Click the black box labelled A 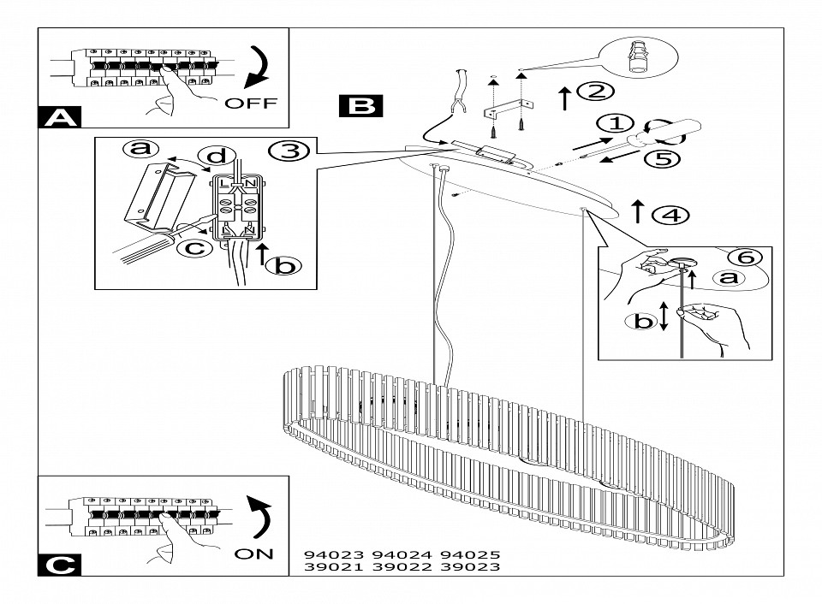coord(60,116)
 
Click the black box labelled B coord(360,105)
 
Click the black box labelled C coord(60,564)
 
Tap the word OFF coord(251,103)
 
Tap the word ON coord(253,554)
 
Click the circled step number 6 coord(745,257)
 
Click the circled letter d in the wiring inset coord(217,156)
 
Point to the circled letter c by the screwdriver coord(194,248)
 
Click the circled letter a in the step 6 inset coord(728,277)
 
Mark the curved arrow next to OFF coord(258,66)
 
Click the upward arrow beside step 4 coord(637,210)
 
